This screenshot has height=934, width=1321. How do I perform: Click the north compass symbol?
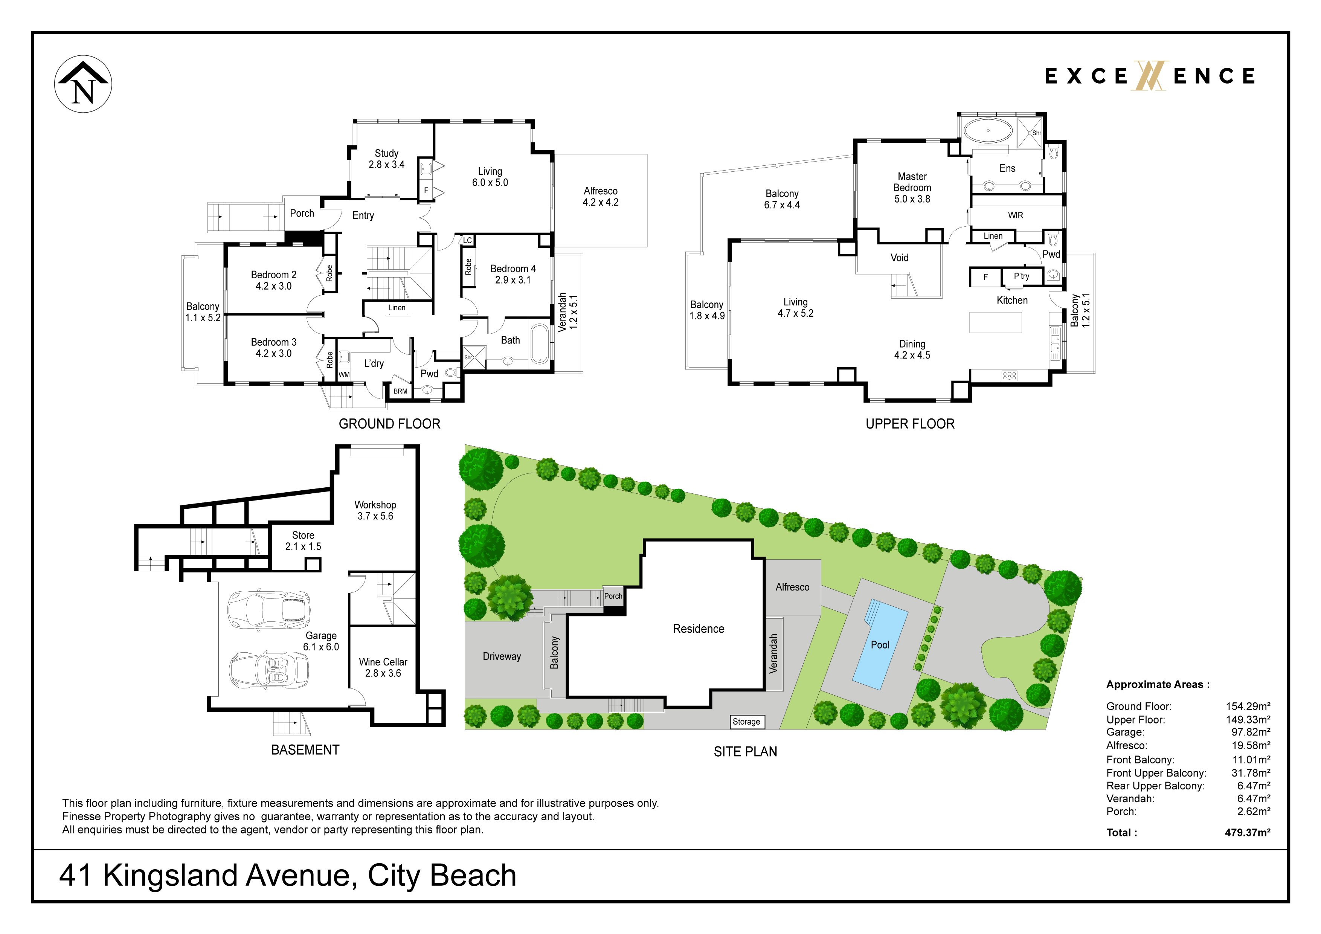[84, 84]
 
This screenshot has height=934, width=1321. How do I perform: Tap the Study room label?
[387, 159]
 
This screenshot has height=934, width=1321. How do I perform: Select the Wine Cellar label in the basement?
[383, 668]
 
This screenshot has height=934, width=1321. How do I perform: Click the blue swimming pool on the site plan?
[880, 644]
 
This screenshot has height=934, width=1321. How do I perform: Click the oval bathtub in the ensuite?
[988, 131]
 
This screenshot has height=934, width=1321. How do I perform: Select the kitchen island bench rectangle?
[995, 322]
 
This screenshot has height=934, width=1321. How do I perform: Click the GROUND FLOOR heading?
[389, 424]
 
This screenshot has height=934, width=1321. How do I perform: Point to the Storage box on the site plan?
[746, 722]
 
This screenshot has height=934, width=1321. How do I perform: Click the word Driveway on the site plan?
[502, 656]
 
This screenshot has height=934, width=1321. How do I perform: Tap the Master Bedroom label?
[912, 188]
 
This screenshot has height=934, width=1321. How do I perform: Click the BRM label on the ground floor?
[400, 391]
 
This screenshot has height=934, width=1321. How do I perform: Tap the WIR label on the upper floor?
[1016, 215]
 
